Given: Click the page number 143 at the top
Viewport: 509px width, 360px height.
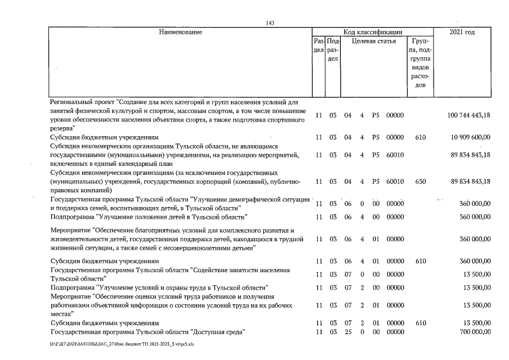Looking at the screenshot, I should click(x=270, y=22).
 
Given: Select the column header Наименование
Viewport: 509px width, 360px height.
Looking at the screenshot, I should click(x=180, y=32).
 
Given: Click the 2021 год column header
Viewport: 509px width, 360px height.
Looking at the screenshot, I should click(x=462, y=32).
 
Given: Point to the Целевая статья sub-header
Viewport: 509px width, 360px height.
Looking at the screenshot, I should click(x=373, y=41).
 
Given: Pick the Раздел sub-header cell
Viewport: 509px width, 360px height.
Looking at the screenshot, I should click(x=318, y=46).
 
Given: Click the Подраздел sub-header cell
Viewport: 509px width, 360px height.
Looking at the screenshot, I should click(x=332, y=50).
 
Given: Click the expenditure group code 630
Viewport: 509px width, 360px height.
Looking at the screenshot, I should click(x=420, y=181).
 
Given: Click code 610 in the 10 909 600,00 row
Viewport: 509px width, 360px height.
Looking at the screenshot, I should click(x=420, y=137).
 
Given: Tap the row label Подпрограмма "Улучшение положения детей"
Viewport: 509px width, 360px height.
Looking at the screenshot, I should click(x=148, y=217).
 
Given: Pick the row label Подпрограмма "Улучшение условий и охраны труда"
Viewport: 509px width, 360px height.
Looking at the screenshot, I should click(x=159, y=287).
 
